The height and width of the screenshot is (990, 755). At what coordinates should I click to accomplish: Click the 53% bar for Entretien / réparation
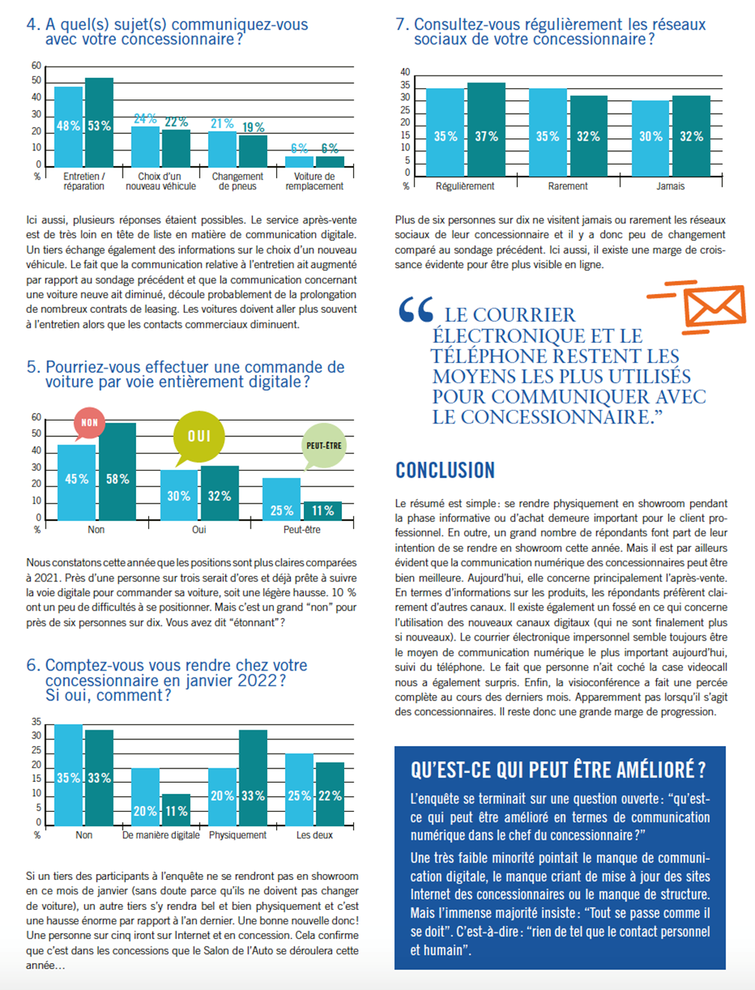[x=100, y=122]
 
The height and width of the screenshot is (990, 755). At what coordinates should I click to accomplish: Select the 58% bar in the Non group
[x=117, y=471]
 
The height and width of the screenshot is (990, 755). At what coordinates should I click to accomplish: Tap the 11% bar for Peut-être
[x=323, y=510]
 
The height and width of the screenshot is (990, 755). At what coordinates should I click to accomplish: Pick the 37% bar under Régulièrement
[x=486, y=129]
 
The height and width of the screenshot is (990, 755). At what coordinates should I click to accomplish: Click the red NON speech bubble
[x=89, y=424]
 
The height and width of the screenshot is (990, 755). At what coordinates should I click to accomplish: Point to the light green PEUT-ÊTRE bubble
[x=324, y=446]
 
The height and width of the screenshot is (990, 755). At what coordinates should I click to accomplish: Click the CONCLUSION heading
[x=445, y=470]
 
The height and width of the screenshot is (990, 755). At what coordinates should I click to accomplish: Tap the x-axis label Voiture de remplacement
[x=314, y=181]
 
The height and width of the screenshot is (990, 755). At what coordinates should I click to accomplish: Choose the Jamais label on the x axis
[x=670, y=186]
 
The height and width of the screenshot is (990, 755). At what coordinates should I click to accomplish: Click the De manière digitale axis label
[x=161, y=835]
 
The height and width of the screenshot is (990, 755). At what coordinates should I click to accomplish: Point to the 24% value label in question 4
[x=145, y=119]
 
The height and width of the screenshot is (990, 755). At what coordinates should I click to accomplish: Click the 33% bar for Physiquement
[x=253, y=777]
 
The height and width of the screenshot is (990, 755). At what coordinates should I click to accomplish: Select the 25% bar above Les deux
[x=299, y=789]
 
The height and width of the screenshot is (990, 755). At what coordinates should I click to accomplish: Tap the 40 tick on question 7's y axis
[x=405, y=72]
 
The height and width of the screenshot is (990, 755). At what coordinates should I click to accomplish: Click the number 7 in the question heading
[x=400, y=25]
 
